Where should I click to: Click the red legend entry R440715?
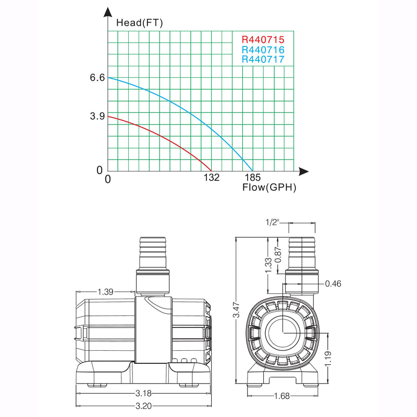click(263, 40)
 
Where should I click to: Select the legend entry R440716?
click(263, 50)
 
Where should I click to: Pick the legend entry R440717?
click(263, 59)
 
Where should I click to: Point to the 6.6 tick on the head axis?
click(97, 78)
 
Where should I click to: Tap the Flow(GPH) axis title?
click(269, 188)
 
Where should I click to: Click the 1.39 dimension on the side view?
click(105, 292)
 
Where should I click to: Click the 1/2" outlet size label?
click(272, 223)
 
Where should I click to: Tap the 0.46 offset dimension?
click(333, 284)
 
